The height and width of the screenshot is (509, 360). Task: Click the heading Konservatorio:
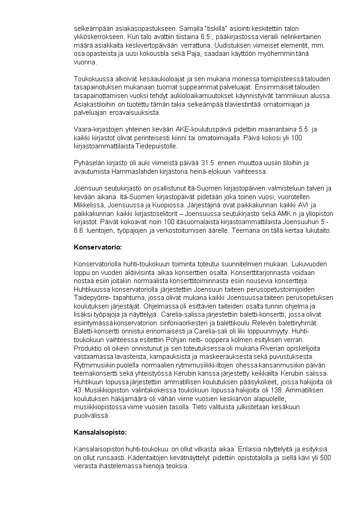click(x=97, y=247)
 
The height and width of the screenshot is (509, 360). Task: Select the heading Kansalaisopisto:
click(x=100, y=432)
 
